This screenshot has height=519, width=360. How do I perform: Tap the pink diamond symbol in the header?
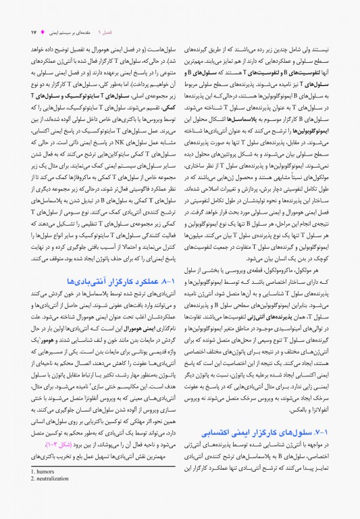[43, 32]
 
